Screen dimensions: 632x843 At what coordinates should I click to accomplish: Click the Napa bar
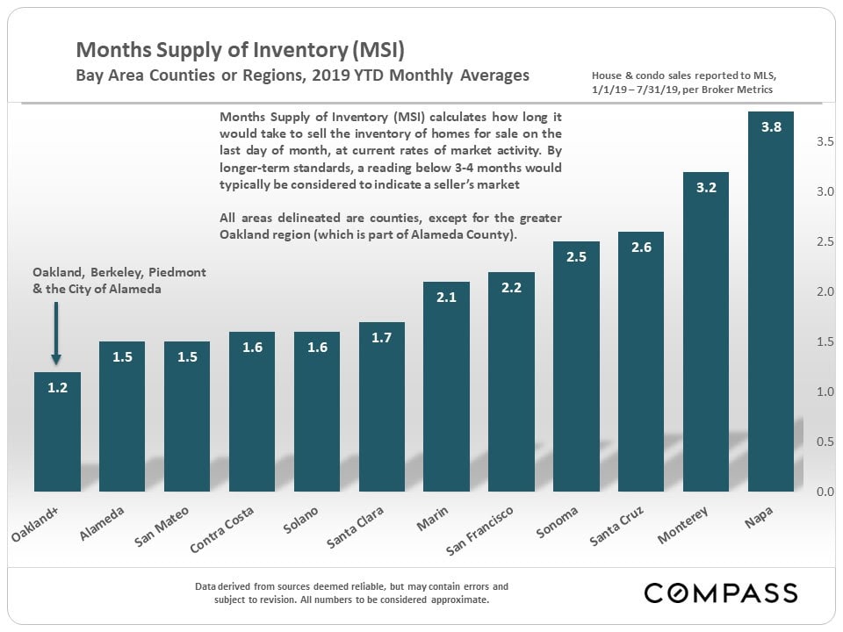point(770,307)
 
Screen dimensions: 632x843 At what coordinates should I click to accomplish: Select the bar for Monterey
point(705,334)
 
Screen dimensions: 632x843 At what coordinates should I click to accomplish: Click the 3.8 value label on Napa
point(771,126)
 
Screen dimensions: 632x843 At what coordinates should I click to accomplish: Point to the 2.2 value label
point(511,287)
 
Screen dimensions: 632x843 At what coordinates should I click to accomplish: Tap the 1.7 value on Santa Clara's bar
point(381,337)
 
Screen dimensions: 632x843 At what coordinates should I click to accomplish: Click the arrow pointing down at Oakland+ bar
point(56,334)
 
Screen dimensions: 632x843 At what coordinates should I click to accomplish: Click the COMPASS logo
point(720,592)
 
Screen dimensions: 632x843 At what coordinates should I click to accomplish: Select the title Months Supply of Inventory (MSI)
point(240,49)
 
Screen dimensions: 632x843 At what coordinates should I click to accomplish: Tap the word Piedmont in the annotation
point(182,273)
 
